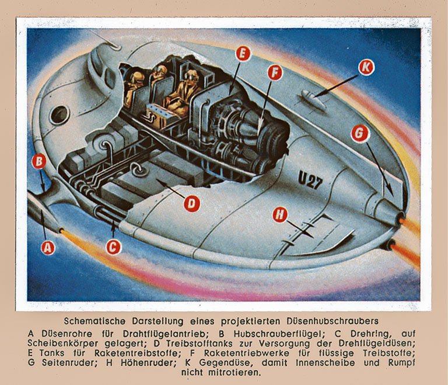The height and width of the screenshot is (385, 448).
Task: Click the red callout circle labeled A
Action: point(48,247)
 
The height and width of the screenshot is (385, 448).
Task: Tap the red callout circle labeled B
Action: point(39,161)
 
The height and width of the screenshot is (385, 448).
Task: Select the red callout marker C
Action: point(113,247)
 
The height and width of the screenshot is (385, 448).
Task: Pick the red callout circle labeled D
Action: point(191,204)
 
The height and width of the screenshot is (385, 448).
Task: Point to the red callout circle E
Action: point(243,54)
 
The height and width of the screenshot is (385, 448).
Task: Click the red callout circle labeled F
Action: point(275,72)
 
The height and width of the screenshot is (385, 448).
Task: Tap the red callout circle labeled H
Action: point(280,214)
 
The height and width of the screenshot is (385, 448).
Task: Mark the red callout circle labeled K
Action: point(366,68)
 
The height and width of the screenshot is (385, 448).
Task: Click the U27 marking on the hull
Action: point(310,181)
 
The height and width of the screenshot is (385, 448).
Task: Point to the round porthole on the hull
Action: point(60,115)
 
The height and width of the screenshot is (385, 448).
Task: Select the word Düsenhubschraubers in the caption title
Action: point(332,321)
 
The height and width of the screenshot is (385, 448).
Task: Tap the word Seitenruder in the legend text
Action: point(69,363)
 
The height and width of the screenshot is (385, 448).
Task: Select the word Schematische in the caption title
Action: point(94,321)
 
